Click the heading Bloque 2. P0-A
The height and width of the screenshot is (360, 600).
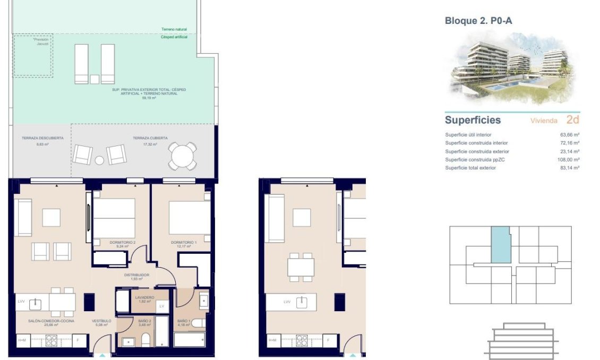tap(478, 21)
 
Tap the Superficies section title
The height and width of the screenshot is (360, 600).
tap(473, 121)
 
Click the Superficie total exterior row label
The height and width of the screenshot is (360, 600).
tap(470, 168)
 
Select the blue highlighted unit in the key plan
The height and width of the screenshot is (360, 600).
tap(500, 245)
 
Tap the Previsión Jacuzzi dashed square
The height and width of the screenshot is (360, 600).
tap(33, 56)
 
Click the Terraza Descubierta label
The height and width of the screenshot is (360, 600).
tap(42, 138)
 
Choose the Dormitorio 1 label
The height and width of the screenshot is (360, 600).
tap(184, 243)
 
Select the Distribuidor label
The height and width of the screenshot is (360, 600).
tap(136, 275)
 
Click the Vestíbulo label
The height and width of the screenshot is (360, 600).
tap(101, 321)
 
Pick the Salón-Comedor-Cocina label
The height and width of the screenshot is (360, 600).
tap(52, 321)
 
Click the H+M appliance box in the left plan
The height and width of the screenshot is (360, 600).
tap(22, 340)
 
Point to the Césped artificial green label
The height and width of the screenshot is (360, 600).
tap(174, 37)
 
